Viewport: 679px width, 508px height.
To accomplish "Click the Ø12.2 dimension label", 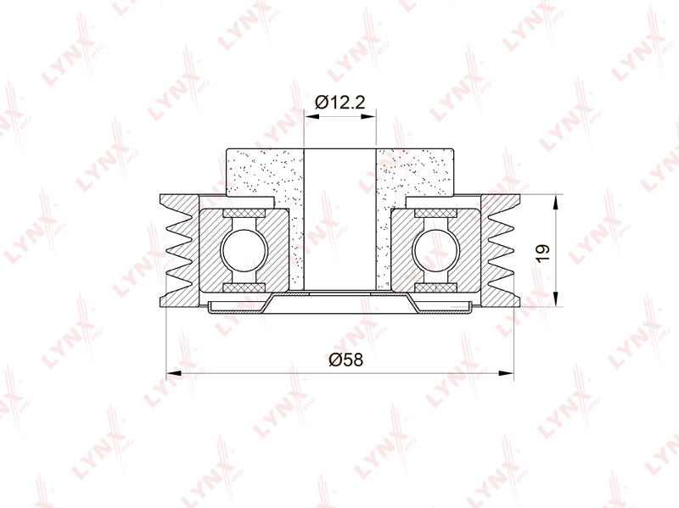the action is pyautogui.click(x=340, y=103).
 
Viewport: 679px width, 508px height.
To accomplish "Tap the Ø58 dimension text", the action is pyautogui.click(x=345, y=360).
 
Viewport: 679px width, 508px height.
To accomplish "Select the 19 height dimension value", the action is pyautogui.click(x=542, y=253).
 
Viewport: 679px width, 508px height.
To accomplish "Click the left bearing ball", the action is pyautogui.click(x=244, y=251).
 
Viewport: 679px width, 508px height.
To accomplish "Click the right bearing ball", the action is pyautogui.click(x=435, y=251).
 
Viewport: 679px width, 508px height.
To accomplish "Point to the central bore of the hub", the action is pyautogui.click(x=340, y=220).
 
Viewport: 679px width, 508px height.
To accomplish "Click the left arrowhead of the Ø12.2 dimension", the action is pyautogui.click(x=311, y=116).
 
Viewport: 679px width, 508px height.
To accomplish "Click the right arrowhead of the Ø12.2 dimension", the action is pyautogui.click(x=368, y=116).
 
